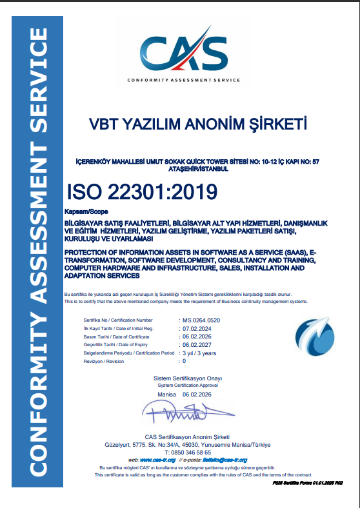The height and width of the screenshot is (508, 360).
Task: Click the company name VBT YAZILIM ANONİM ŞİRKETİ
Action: pos(197,123)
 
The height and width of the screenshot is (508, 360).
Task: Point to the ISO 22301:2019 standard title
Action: pos(142,191)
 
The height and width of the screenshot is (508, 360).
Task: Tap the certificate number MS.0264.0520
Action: pos(201,320)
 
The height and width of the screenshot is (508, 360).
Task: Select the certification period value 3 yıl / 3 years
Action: pos(199,353)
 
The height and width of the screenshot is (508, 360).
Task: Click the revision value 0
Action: pos(185,362)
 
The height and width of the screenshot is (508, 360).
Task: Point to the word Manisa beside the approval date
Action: pos(166,393)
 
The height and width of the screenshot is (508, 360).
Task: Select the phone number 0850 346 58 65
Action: pos(194,453)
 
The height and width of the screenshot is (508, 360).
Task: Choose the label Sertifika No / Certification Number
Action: pos(118,320)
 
